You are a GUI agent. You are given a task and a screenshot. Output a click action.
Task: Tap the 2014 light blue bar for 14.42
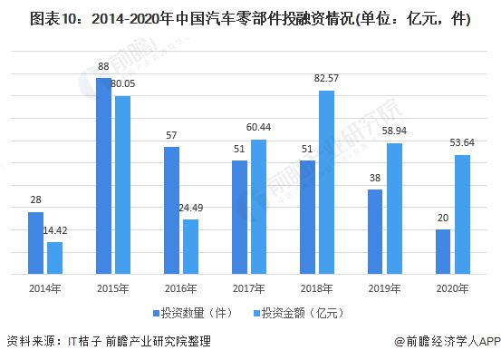(54, 258)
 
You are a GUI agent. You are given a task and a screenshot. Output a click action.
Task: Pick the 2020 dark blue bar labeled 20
(443, 250)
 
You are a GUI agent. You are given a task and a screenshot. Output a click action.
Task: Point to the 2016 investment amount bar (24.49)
(190, 246)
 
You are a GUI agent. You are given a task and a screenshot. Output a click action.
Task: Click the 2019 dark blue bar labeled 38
(375, 230)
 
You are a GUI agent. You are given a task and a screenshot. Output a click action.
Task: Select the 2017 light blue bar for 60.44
(258, 206)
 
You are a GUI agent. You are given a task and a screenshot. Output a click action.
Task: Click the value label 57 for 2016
(171, 135)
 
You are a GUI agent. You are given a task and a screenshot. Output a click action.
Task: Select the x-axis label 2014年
(45, 288)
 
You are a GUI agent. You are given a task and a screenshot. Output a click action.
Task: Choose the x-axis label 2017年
(249, 288)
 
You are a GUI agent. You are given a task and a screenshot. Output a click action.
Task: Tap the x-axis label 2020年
(453, 288)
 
